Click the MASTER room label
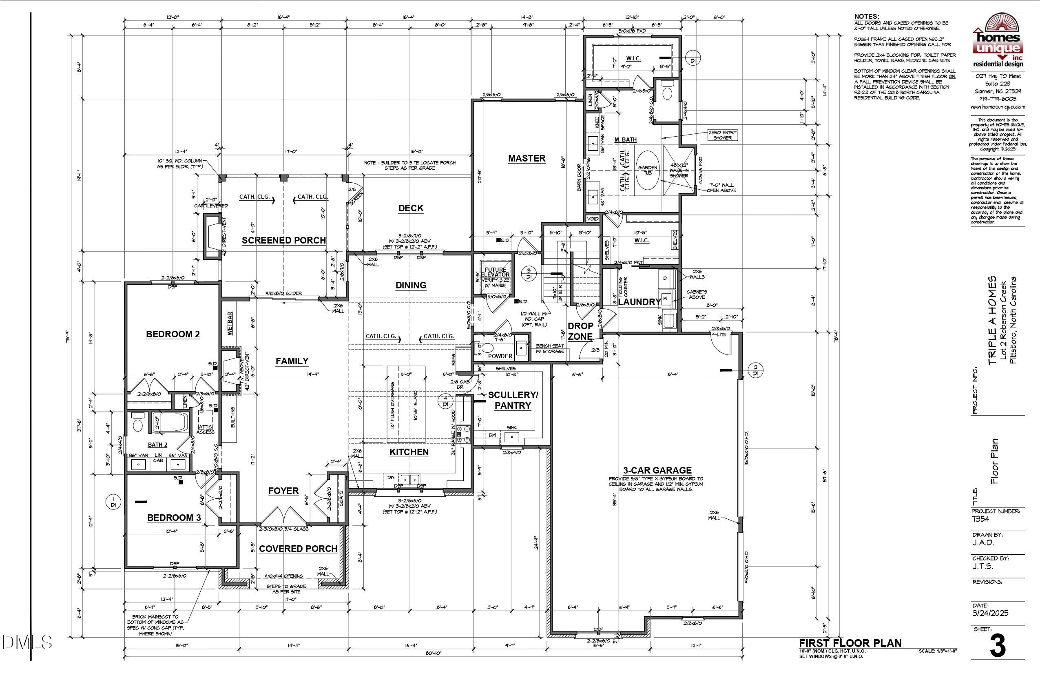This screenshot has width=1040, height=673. point(527,159)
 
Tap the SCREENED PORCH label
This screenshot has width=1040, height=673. point(283,240)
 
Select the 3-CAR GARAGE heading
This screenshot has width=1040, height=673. point(657,471)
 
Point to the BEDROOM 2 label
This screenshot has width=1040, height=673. point(173,334)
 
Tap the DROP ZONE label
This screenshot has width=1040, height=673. point(580,331)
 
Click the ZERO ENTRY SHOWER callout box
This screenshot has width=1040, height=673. point(722,135)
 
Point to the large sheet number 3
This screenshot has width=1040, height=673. point(998,646)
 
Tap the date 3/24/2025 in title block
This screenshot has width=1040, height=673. point(990,613)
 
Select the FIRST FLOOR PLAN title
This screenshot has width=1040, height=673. point(850,643)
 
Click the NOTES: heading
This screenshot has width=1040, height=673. point(866,16)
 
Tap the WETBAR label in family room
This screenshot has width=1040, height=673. point(230,323)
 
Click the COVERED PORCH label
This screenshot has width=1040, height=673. point(298,549)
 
